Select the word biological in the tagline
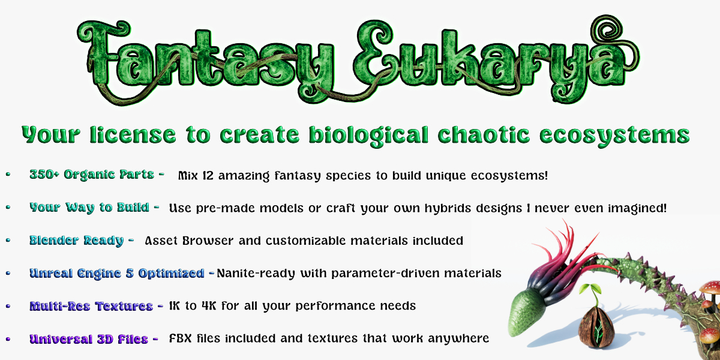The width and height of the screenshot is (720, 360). [368, 135]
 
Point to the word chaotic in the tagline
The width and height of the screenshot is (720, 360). [484, 134]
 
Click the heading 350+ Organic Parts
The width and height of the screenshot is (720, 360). [92, 175]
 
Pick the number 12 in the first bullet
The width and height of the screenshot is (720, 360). [208, 175]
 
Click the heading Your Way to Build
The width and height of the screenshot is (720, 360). [89, 208]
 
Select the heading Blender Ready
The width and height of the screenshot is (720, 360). [77, 241]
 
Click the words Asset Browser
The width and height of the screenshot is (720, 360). [189, 241]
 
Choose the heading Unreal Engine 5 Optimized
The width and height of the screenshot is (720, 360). [116, 274]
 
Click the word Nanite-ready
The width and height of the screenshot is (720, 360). [256, 274]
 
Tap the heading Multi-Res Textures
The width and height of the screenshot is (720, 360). [91, 307]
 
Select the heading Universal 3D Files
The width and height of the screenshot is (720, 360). [89, 339]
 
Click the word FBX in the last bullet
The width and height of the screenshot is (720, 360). [181, 338]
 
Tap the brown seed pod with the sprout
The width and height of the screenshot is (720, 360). [596, 327]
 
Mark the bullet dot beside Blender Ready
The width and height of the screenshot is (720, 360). [8, 240]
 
